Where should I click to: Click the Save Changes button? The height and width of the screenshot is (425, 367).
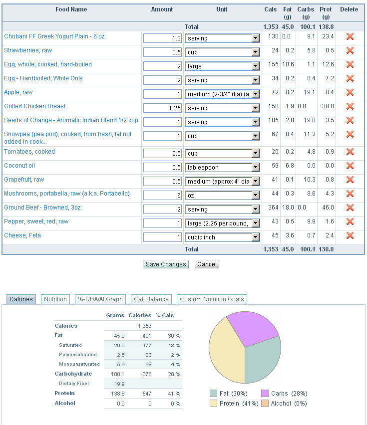[x=166, y=264]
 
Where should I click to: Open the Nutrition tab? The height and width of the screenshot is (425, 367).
[x=55, y=299]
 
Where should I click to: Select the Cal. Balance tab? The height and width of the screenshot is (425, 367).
[x=151, y=299]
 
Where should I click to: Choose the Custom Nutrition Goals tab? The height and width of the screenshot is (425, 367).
[x=212, y=299]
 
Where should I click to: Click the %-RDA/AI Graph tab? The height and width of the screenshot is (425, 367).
[x=100, y=299]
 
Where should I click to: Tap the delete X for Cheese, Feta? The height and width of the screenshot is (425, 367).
[x=350, y=235]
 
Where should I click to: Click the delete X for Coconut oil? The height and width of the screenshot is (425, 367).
[x=350, y=166]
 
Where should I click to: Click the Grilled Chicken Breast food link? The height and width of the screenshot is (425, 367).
[x=35, y=106]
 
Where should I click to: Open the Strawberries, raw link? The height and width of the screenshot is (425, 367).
[x=28, y=50]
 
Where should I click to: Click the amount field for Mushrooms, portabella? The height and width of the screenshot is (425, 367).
[x=163, y=196]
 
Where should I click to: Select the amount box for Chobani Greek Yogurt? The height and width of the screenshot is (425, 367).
[x=163, y=38]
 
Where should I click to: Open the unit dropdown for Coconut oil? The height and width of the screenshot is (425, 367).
[x=222, y=168]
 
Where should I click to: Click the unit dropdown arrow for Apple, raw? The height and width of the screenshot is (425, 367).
[x=256, y=94]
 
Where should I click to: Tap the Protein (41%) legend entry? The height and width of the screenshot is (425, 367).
[x=236, y=403]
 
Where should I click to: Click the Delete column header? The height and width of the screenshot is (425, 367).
[x=349, y=9]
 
